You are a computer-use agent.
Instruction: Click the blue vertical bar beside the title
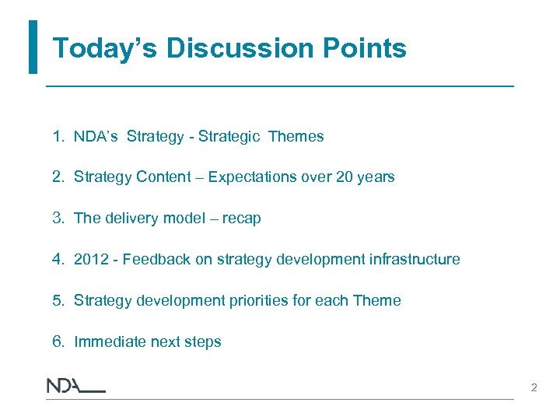(x=33, y=47)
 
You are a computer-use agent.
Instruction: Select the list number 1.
(x=57, y=137)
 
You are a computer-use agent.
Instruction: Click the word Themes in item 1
(x=296, y=137)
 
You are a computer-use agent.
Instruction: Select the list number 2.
(x=57, y=177)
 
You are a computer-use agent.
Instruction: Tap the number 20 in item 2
(x=345, y=177)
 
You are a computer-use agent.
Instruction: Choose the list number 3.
(x=57, y=219)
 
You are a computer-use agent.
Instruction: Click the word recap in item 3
(x=241, y=219)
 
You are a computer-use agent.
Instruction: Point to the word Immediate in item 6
(x=108, y=342)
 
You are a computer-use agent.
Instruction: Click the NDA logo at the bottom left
(x=75, y=386)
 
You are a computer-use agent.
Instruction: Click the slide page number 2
(x=534, y=387)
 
